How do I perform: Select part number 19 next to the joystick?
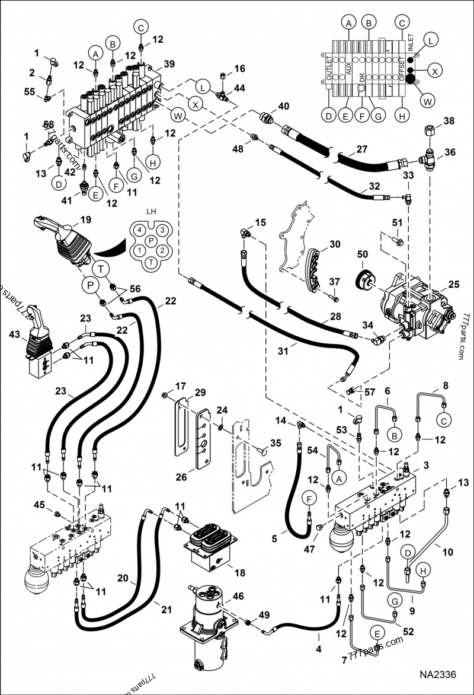(85, 219)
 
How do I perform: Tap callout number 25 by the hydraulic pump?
(453, 285)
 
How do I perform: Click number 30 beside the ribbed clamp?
(335, 244)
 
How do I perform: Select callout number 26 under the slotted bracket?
(181, 477)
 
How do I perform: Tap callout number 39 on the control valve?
(169, 64)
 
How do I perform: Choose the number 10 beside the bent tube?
(447, 551)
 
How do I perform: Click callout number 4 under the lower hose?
(319, 649)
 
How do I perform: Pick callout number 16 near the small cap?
(239, 69)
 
